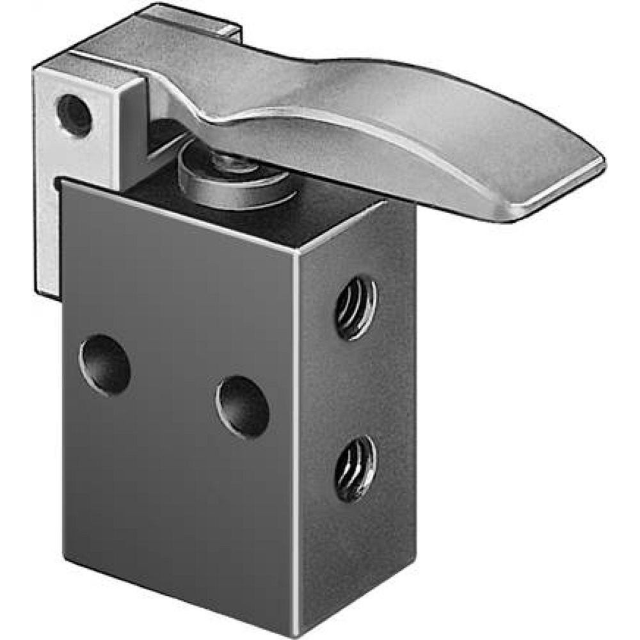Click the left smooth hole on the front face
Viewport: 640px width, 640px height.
coord(105,364)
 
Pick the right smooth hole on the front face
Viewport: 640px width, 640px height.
coord(243,407)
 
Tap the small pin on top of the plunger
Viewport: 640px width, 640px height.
coord(230,163)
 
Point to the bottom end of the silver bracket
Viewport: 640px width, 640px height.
coord(48,291)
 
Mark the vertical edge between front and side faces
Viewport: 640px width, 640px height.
coord(297,416)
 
